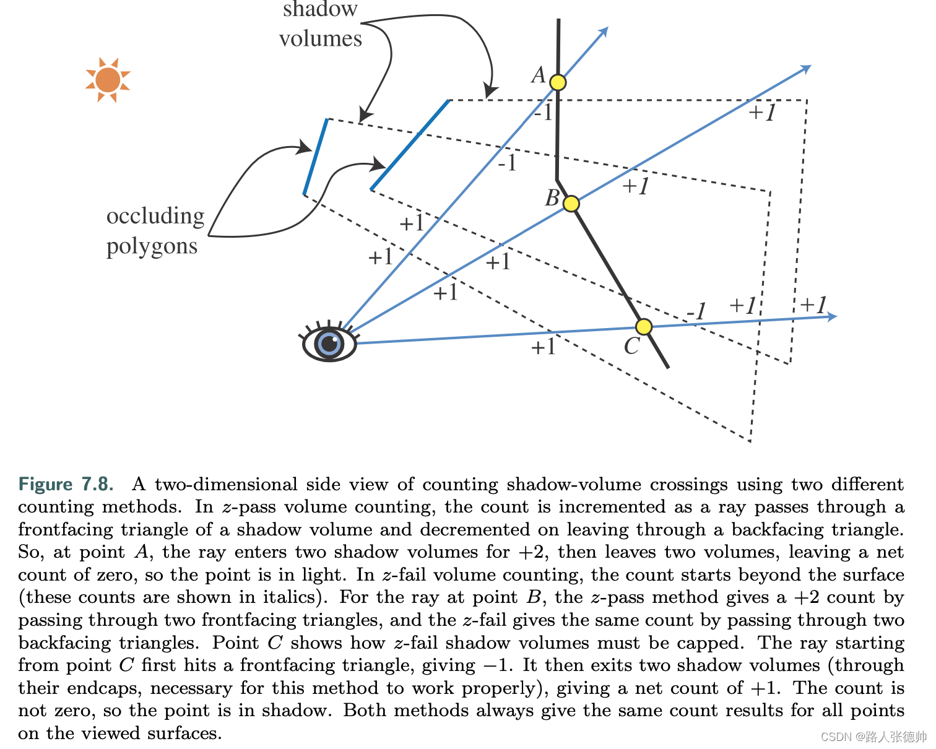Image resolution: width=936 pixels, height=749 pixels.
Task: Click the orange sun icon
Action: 108,80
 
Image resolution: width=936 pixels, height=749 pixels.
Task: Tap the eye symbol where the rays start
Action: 329,343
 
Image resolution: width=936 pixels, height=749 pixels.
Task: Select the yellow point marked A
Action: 558,82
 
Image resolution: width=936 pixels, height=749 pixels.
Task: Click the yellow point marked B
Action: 571,204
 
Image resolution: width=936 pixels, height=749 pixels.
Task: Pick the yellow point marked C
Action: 644,327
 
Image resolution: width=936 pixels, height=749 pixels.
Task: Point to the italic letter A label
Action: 539,76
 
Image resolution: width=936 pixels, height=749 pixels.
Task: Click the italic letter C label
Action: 631,346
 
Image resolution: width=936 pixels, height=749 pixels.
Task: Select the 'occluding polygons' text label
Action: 155,231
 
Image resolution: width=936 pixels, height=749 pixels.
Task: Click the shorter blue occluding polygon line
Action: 316,157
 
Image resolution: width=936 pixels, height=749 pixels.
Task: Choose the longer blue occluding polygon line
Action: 410,144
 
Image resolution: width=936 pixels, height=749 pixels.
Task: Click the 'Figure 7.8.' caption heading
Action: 66,484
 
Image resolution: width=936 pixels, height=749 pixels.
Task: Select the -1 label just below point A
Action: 543,113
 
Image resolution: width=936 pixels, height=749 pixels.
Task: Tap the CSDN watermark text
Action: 873,737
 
